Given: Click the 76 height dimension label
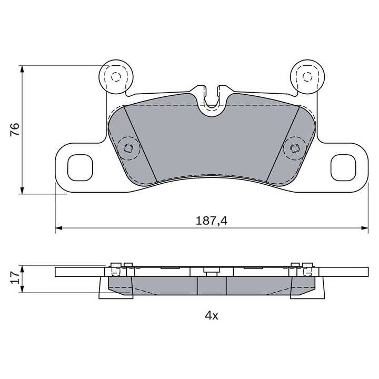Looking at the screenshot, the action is [x=15, y=129].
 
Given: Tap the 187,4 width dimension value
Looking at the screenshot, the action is [x=212, y=221].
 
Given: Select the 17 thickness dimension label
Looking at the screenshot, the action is [x=15, y=277].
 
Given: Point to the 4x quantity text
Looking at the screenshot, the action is [x=212, y=315].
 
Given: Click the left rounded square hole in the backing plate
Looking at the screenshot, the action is [x=80, y=168].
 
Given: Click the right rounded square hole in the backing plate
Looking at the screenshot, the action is [x=343, y=168].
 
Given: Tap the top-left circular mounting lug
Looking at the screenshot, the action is [x=116, y=77].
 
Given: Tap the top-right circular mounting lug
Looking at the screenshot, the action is [x=307, y=77].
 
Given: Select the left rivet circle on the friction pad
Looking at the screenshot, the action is [x=128, y=148].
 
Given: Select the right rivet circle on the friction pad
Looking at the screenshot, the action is [x=295, y=148].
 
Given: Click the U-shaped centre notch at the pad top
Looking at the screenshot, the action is [x=212, y=102].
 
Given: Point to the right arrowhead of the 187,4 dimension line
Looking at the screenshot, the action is [x=364, y=228].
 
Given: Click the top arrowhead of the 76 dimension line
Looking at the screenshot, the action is [x=22, y=69].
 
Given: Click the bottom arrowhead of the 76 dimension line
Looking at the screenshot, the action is [x=22, y=190].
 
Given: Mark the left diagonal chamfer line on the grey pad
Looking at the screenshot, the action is [x=141, y=144].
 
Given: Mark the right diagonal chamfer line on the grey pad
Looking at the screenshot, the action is [x=283, y=144].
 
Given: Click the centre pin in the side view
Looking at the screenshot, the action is [x=212, y=271].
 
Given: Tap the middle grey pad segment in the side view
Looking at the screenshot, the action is [x=212, y=286].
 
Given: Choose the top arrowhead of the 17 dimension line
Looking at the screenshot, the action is [x=22, y=270].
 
